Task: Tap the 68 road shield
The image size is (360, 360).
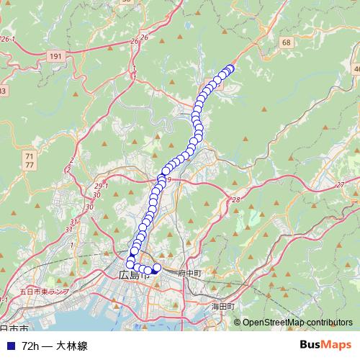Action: coord(287,42)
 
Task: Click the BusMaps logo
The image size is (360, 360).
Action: coord(325,346)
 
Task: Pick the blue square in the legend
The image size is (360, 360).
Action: coord(9,346)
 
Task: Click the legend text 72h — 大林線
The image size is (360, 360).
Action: coord(55,346)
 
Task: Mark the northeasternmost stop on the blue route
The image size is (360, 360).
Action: coord(230,68)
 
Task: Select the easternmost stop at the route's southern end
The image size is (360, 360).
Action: coord(158,269)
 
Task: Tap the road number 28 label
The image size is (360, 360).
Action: coord(235,199)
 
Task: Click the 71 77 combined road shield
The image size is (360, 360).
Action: coord(29,161)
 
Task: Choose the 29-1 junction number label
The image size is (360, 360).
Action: coord(101,186)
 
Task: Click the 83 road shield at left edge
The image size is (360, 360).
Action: coord(2,91)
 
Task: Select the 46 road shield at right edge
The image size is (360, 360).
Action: coord(356,68)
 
